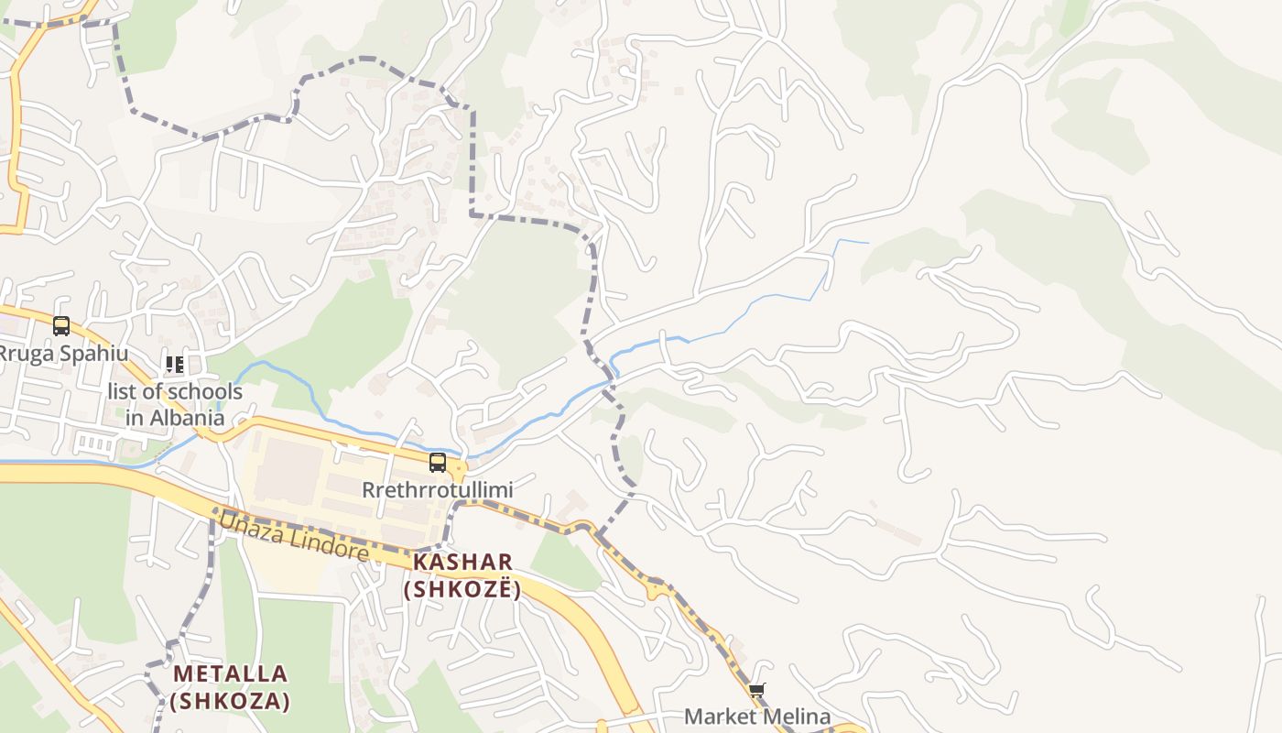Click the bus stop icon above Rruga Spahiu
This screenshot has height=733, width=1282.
pos(61,326)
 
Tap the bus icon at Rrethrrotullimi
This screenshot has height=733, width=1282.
pos(438,463)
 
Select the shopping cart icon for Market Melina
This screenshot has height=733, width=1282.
pos(756,690)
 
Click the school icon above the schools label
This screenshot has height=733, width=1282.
pos(174,365)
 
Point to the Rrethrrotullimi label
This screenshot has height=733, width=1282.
pos(437,490)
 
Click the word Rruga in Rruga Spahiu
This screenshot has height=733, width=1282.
pos(27,354)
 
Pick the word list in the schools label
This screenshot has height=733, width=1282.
pos(124,392)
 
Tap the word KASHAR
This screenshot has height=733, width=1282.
pos(462,562)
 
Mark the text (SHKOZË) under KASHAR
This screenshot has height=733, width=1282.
pos(462,589)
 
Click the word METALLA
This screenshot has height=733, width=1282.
pos(230,674)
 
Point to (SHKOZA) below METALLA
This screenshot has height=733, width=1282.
pos(230,702)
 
